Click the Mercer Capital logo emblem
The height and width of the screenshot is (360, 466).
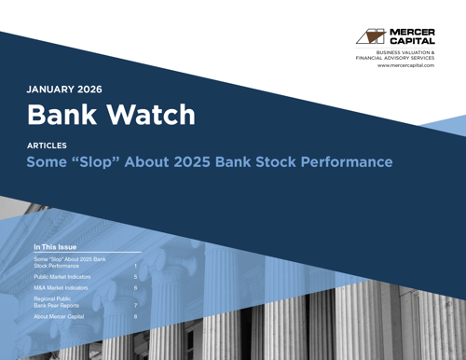pos(371,36)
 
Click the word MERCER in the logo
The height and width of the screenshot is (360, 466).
pos(411,32)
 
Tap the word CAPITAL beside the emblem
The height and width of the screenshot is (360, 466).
pos(411,42)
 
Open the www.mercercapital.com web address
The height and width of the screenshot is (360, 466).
pos(405,65)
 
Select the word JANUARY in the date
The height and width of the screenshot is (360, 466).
pos(54,90)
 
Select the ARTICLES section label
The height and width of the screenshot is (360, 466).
pos(48,146)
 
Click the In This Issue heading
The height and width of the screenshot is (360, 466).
pos(58,247)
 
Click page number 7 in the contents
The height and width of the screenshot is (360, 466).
pos(136,305)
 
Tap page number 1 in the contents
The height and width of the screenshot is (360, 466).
pos(136,266)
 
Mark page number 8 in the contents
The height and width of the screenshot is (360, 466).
pos(136,316)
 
